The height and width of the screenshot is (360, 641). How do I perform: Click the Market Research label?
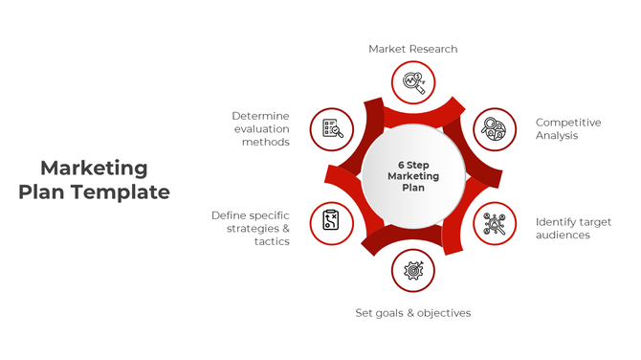pyautogui.click(x=413, y=49)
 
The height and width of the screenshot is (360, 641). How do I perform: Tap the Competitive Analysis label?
pyautogui.click(x=568, y=129)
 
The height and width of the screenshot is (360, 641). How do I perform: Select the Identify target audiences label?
pyautogui.click(x=573, y=228)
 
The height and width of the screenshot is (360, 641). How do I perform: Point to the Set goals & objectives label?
pyautogui.click(x=413, y=313)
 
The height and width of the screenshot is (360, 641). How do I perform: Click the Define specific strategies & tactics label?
pyautogui.click(x=251, y=228)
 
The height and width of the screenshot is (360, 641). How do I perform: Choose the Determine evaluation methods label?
pyautogui.click(x=260, y=128)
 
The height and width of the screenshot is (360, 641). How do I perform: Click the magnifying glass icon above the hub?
pyautogui.click(x=413, y=82)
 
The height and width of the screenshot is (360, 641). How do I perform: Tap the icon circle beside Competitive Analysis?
pyautogui.click(x=495, y=129)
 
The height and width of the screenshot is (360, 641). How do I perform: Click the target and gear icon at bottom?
pyautogui.click(x=413, y=271)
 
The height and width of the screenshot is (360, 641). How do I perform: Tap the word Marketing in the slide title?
pyautogui.click(x=95, y=169)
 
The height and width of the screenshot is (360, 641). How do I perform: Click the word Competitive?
pyautogui.click(x=568, y=123)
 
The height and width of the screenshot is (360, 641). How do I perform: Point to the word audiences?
pyautogui.click(x=563, y=235)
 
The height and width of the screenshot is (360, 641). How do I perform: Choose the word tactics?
pyautogui.click(x=272, y=241)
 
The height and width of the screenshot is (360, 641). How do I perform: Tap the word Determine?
pyautogui.click(x=260, y=116)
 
